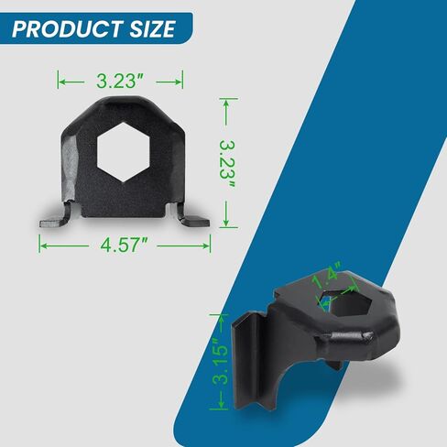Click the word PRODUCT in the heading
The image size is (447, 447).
click(68, 29)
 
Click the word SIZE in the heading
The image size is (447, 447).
click(153, 29)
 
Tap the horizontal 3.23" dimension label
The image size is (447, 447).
click(120, 82)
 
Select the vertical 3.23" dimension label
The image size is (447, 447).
click(227, 164)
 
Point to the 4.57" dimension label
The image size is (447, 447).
click(125, 245)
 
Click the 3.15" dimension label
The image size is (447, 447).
click(221, 362)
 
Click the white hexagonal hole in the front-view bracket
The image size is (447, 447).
click(123, 152)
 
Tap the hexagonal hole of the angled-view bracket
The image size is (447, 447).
click(345, 302)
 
